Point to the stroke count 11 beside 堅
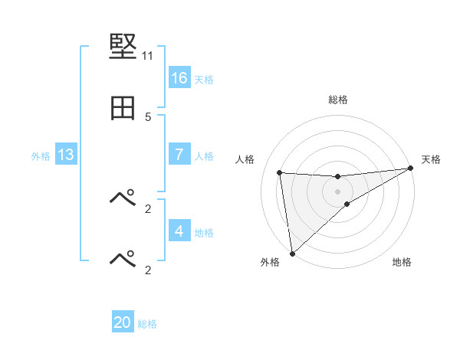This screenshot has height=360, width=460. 147,56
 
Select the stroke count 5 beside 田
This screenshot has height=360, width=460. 148,117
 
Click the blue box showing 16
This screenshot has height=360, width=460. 179,78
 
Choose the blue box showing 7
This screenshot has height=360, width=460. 179,155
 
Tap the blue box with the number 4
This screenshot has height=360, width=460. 179,231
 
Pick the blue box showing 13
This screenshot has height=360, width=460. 65,155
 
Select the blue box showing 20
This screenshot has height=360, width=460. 123,323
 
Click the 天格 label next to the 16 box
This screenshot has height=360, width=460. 204,79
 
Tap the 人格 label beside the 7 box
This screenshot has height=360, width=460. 204,155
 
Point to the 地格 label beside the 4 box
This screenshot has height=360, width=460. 204,232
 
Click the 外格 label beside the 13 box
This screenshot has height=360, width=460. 41,155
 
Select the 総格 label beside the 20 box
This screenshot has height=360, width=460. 147,324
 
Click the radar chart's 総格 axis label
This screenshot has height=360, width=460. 338,100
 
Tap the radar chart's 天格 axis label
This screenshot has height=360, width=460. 432,159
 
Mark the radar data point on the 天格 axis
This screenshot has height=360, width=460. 410,169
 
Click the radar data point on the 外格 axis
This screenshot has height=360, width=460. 292,253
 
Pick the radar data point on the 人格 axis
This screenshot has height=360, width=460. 280,172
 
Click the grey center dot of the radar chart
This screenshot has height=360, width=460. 338,191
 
